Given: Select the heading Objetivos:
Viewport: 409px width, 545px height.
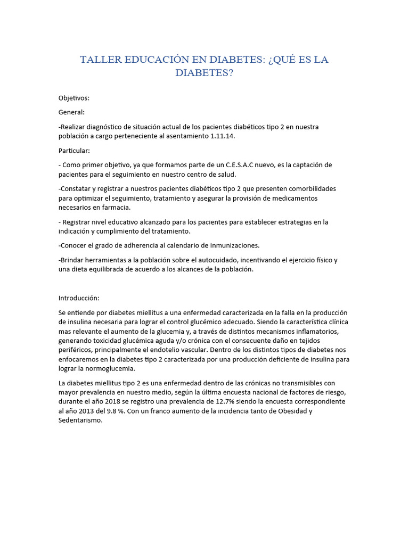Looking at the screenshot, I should click(74, 98).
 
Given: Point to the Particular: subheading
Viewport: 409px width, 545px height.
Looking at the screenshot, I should click(74, 151).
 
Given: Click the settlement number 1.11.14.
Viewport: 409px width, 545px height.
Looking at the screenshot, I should click(218, 136).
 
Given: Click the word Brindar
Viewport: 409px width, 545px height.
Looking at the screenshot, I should click(74, 260).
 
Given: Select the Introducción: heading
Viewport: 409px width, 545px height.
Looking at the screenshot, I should click(79, 298).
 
